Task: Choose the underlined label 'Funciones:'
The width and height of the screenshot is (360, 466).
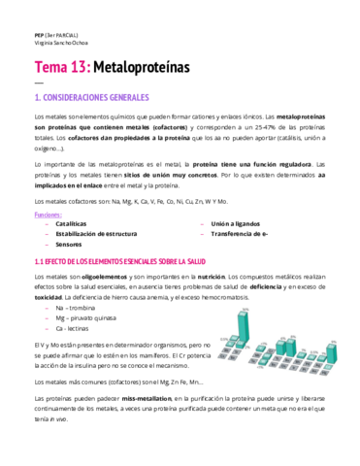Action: pos(48,212)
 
